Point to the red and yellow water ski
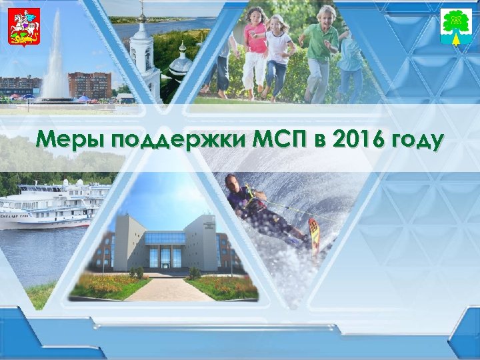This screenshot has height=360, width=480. (x=313, y=237)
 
